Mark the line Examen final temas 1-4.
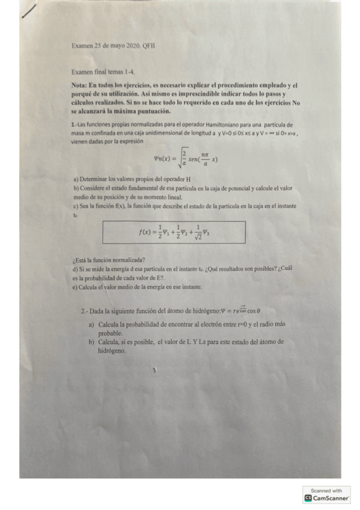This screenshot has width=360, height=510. [98, 71]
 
